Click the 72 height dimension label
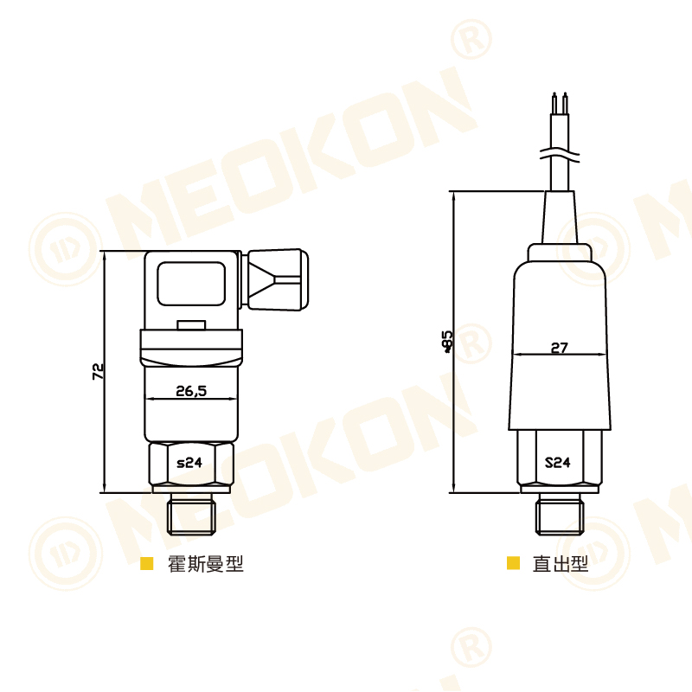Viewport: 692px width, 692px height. (98, 371)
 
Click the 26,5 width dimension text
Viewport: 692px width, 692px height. (191, 391)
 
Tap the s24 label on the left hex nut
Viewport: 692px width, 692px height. (189, 463)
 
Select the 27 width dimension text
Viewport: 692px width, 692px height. (560, 348)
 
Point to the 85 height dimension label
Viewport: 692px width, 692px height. (447, 341)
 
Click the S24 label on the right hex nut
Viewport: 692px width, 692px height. (558, 462)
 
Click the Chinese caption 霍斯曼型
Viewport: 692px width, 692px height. (206, 564)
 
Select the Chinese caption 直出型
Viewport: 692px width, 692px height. (561, 564)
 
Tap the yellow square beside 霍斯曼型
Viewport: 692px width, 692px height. (147, 564)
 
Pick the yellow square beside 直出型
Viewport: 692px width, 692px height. (514, 564)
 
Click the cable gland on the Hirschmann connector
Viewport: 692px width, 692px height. (277, 280)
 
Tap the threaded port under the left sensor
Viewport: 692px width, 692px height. (192, 513)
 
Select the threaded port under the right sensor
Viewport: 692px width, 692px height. (560, 514)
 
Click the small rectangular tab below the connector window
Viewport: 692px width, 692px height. (191, 326)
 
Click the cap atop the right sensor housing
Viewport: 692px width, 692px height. (560, 253)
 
